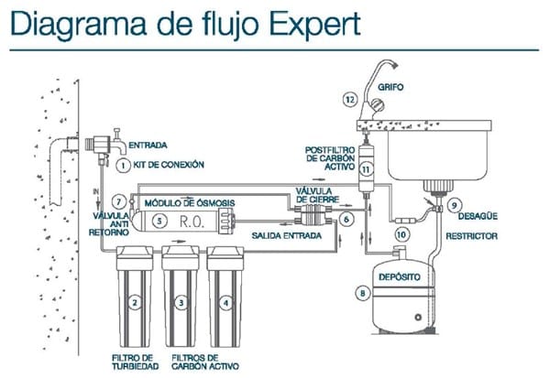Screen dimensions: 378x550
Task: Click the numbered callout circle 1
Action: click(x=122, y=164)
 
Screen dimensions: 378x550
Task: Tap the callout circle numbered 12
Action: click(x=347, y=98)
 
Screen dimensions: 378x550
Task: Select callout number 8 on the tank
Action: click(x=365, y=294)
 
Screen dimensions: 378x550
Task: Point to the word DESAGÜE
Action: click(x=481, y=216)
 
